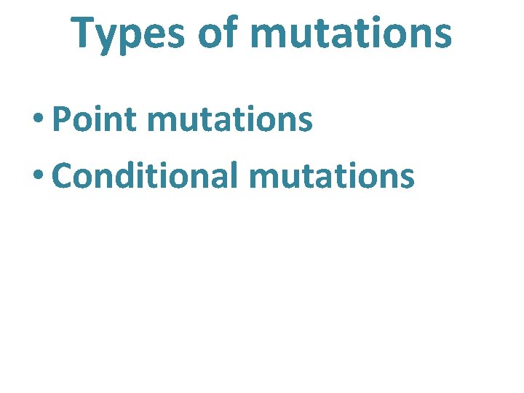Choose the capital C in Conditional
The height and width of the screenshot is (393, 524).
64,175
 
